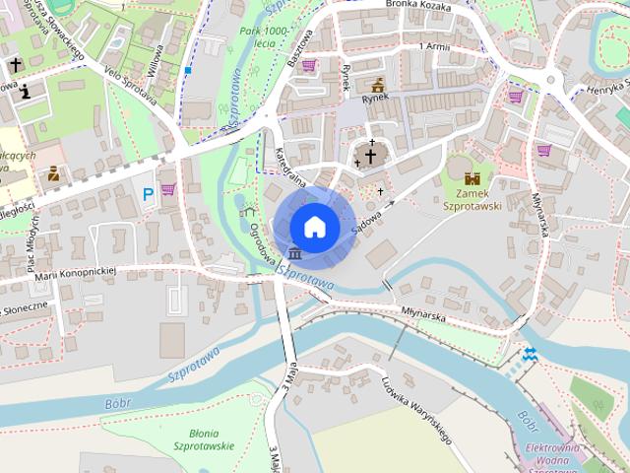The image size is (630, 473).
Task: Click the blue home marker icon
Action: (x=315, y=227)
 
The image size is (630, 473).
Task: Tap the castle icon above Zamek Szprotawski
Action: (x=472, y=178)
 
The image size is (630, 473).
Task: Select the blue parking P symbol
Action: (x=149, y=193)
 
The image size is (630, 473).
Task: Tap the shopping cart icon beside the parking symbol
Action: (x=168, y=188)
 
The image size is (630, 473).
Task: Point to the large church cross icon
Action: (x=371, y=156)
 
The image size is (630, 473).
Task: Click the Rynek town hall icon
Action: (x=377, y=84)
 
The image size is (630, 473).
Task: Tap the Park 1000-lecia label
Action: (x=263, y=37)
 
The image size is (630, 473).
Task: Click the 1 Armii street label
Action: (x=433, y=46)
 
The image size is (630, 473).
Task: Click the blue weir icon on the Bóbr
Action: (x=530, y=354)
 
